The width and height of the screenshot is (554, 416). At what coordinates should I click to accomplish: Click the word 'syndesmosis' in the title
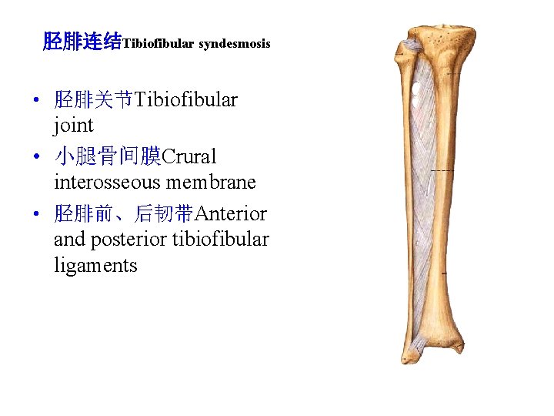click(235, 44)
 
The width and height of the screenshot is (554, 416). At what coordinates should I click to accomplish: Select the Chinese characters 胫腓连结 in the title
click(82, 42)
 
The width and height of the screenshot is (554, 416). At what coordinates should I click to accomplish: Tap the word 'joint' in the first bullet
click(74, 125)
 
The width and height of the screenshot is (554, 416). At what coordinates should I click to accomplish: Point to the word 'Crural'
click(189, 156)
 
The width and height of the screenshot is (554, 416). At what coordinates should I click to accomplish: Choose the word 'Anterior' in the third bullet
click(232, 213)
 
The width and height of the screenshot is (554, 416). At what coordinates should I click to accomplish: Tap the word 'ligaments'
click(95, 266)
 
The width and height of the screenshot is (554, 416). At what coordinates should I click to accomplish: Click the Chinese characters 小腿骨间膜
click(108, 156)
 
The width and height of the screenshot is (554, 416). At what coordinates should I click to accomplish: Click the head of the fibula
click(403, 49)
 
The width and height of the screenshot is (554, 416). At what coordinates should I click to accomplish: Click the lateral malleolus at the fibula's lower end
click(408, 355)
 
